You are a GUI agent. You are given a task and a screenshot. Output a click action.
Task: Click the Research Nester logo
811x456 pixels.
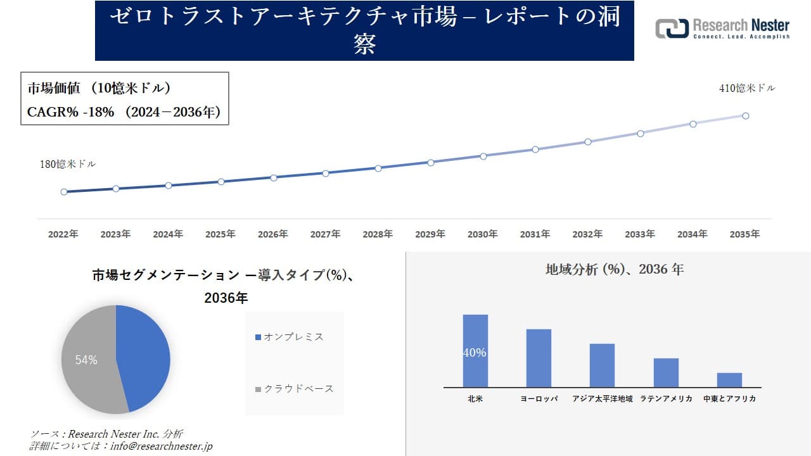[x=722, y=28]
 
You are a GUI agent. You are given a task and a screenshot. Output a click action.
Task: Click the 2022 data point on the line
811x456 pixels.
[x=64, y=192]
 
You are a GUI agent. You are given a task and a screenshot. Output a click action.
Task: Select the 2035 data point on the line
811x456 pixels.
[x=746, y=116]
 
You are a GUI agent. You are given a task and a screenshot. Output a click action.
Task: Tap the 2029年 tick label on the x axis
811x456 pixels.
[x=430, y=234]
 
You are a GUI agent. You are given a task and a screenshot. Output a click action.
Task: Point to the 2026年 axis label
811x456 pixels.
[x=272, y=234]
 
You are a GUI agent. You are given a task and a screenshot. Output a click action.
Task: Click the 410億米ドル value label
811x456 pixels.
[x=747, y=89]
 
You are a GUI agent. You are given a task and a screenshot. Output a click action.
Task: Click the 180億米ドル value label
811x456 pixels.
[x=68, y=164]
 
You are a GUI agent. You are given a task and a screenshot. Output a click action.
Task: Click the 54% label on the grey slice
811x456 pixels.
[x=86, y=360]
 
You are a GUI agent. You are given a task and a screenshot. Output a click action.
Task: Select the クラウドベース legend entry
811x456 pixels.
[x=294, y=389]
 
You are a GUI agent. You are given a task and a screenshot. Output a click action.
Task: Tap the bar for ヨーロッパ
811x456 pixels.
[x=539, y=358]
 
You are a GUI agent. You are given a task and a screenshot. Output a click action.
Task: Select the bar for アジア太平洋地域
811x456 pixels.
[x=602, y=365]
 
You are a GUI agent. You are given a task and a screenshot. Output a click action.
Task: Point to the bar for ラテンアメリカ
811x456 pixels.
[x=666, y=372]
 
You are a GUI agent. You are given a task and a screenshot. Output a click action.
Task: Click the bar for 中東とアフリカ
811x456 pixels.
[x=729, y=380]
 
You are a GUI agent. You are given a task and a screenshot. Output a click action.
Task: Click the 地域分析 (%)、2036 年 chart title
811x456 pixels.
[x=615, y=269]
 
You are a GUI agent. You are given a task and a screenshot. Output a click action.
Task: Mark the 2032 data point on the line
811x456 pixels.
[x=588, y=142]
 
